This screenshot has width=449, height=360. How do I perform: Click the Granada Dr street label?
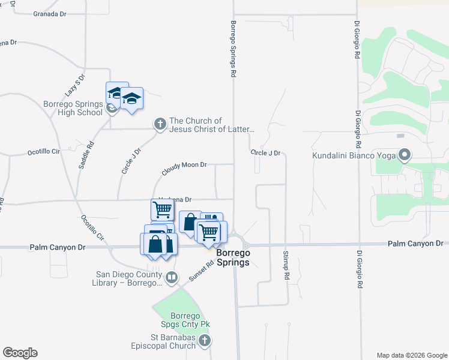click(x=49, y=13)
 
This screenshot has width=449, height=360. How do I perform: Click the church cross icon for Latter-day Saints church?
click(x=160, y=124)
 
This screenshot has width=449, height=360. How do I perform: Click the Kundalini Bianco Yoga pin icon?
click(x=404, y=156)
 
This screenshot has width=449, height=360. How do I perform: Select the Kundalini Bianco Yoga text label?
click(x=353, y=156)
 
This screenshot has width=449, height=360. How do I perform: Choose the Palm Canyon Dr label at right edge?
click(x=415, y=243)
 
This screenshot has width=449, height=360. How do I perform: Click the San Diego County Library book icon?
click(x=171, y=277)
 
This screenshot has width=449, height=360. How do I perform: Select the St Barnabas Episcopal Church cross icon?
click(x=205, y=341)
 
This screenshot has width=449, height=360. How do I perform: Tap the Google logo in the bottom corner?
click(x=20, y=353)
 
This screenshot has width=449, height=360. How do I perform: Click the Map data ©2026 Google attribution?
click(x=411, y=355)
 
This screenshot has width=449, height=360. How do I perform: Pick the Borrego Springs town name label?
click(x=234, y=257)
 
